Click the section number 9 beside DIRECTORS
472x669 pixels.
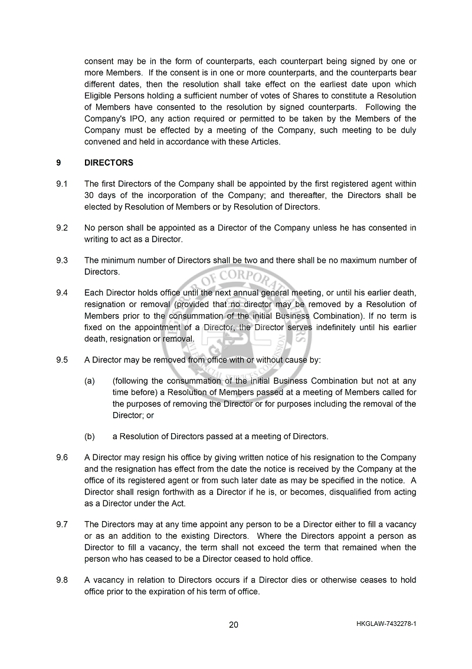click(58, 163)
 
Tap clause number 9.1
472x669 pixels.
click(62, 184)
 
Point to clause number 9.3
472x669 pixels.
click(62, 261)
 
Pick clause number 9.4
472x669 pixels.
click(62, 293)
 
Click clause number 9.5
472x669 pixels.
click(62, 360)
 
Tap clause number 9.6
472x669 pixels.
click(62, 457)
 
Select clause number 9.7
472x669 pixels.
click(62, 524)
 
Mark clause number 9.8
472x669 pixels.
click(62, 580)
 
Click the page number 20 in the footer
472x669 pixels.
click(234, 625)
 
